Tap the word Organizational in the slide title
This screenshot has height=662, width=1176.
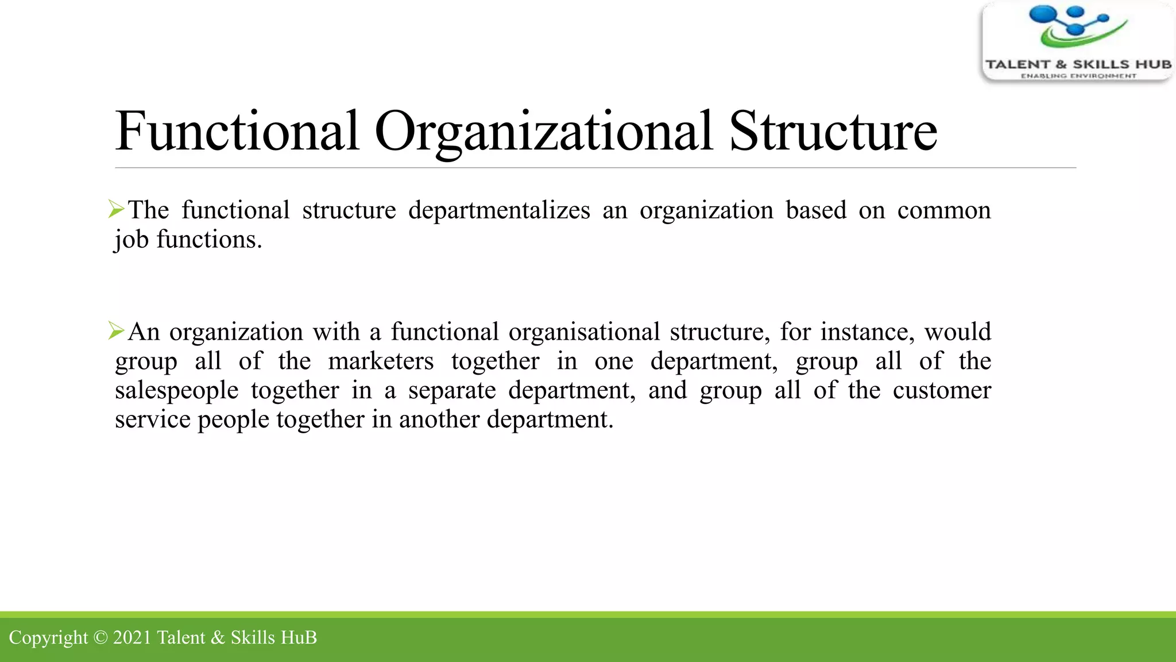click(543, 132)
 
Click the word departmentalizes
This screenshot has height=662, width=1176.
click(499, 210)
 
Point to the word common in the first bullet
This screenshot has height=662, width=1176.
click(944, 210)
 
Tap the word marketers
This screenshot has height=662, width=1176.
click(381, 361)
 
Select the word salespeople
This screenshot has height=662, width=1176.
click(176, 391)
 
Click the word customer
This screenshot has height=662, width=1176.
click(942, 391)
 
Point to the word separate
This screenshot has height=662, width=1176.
click(452, 391)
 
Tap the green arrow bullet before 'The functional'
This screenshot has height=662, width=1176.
click(116, 209)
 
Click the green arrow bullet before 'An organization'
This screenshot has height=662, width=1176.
click(116, 330)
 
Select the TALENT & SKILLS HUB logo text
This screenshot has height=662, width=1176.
click(1078, 64)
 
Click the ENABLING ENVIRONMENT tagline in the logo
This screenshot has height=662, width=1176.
click(1078, 76)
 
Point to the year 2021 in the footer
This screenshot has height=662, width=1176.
click(131, 637)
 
